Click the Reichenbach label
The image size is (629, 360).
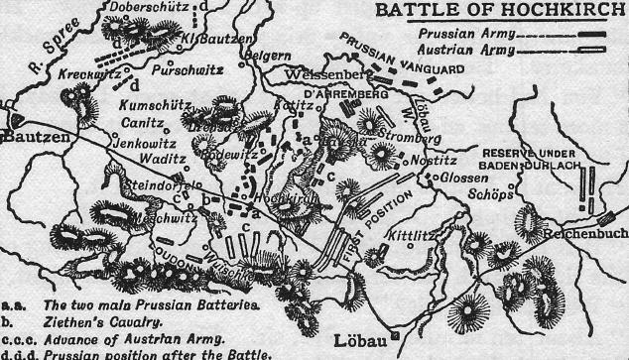[x=585, y=236]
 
